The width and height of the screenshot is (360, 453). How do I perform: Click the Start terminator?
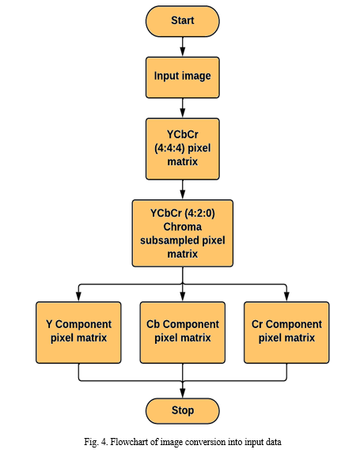coord(183,21)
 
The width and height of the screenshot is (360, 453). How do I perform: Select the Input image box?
coord(183,77)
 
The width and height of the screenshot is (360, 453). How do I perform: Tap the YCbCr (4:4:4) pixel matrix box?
coord(183,149)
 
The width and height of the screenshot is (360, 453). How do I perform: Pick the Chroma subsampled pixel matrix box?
coord(183,233)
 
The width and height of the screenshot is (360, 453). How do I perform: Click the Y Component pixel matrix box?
coord(78,333)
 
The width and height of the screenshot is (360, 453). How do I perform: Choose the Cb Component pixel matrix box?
coord(183,333)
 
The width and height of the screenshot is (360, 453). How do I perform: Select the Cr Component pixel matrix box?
coord(286,333)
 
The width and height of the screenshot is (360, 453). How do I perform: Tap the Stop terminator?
coord(183,411)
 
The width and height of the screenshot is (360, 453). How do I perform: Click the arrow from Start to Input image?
coord(183,47)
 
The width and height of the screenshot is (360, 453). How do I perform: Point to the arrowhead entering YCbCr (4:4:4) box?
coord(183,113)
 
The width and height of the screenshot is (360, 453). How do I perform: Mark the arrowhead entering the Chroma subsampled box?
coord(183,195)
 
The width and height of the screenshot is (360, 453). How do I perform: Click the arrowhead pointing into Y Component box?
coord(78,297)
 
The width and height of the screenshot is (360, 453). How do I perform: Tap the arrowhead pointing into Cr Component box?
coord(286,297)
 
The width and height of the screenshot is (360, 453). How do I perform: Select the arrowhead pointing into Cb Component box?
coord(183,297)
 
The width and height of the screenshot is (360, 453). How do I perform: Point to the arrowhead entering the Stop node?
coord(183,393)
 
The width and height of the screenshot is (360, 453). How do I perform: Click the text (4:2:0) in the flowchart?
coord(200,213)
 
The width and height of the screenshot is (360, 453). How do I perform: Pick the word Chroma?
coord(183,227)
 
